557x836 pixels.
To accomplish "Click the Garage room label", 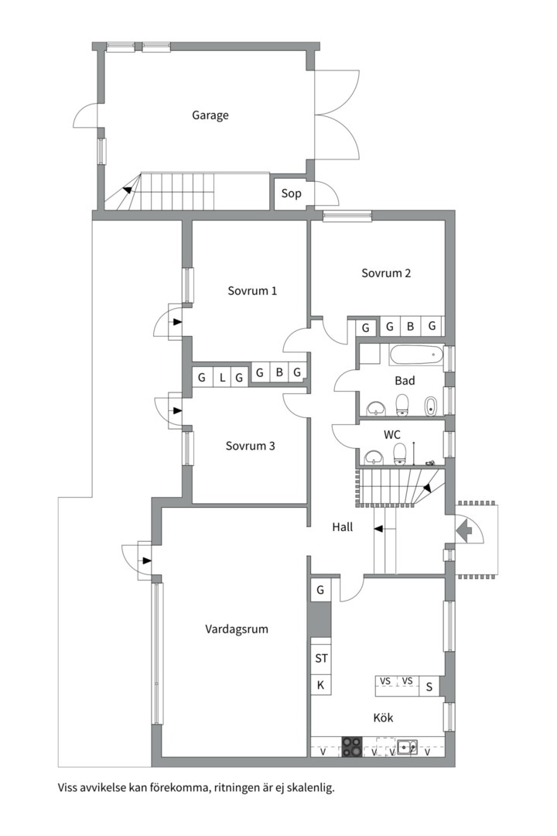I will (210, 115).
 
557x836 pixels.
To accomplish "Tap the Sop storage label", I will (291, 194).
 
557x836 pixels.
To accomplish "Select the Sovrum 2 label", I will (386, 272).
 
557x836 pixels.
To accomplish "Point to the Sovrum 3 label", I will (251, 446).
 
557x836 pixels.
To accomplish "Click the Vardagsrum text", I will (237, 629).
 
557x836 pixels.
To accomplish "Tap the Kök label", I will (383, 718).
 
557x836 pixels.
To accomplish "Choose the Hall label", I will (343, 526).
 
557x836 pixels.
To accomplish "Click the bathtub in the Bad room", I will (415, 357).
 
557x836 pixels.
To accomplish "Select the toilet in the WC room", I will (400, 452).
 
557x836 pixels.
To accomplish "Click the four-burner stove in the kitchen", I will (352, 746).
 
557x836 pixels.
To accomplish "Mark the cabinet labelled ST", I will (321, 659).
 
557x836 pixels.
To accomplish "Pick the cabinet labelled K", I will (320, 685).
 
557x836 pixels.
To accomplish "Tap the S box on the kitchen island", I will (429, 687).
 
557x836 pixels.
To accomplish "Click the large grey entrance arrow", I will (466, 530).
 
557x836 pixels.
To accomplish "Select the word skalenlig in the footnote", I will (309, 788).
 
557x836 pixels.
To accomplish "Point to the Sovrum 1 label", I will (252, 291).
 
